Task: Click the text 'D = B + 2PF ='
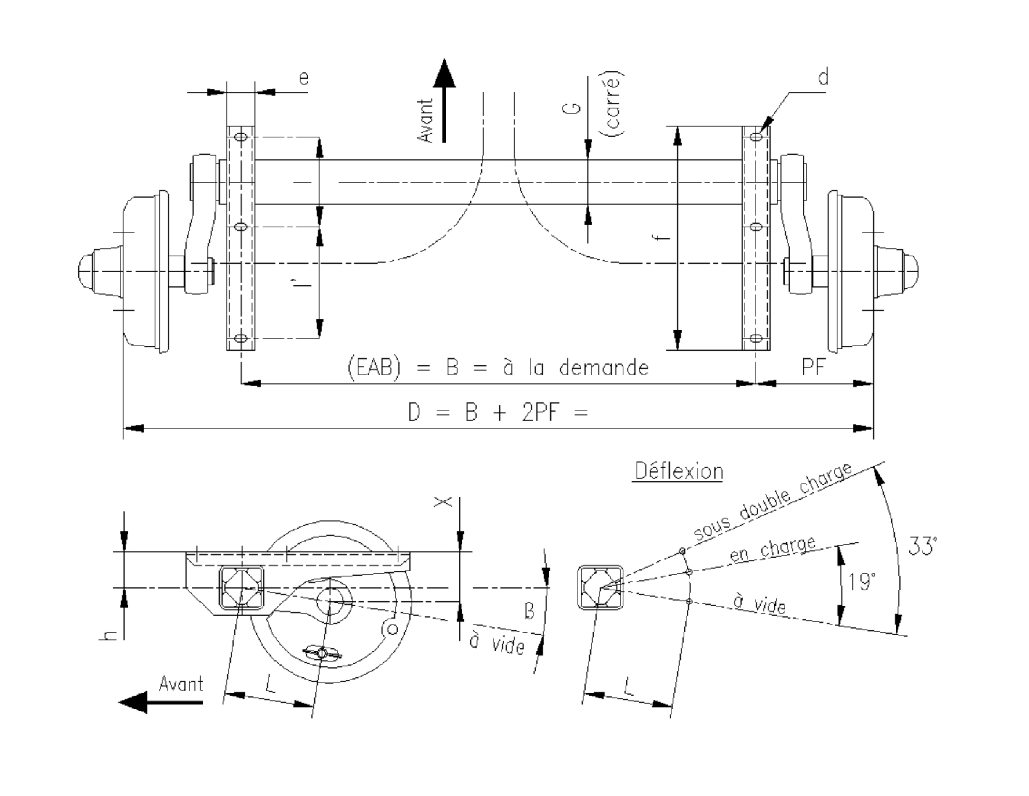498,413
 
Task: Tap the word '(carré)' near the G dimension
614,104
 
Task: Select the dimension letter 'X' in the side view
443,502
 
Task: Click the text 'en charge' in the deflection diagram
772,549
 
